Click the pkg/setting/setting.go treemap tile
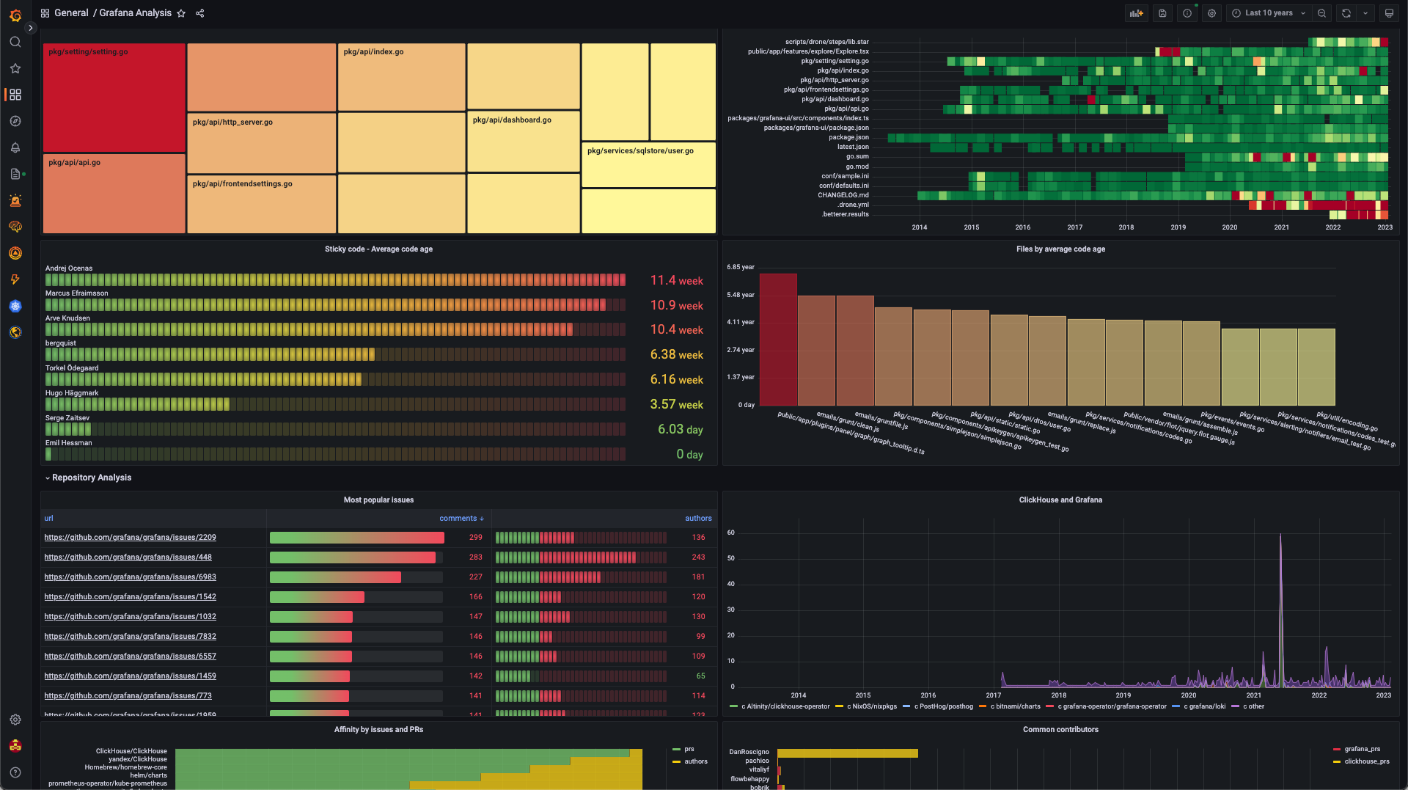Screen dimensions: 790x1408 pyautogui.click(x=114, y=98)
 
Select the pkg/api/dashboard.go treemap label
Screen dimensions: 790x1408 pyautogui.click(x=512, y=120)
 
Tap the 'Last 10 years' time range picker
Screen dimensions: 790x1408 pyautogui.click(x=1269, y=13)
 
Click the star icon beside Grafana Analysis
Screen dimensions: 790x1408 pyautogui.click(x=181, y=13)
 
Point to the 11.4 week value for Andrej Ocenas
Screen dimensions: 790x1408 pyautogui.click(x=676, y=281)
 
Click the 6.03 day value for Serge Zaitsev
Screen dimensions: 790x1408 pyautogui.click(x=680, y=430)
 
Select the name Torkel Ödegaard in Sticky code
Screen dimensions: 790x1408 pyautogui.click(x=72, y=368)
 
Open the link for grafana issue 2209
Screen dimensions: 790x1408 pyautogui.click(x=130, y=538)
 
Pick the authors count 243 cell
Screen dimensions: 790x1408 pyautogui.click(x=698, y=557)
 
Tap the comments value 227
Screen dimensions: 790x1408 pyautogui.click(x=475, y=577)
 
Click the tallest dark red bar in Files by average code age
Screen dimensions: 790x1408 pyautogui.click(x=778, y=339)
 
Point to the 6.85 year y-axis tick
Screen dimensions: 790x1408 pyautogui.click(x=740, y=267)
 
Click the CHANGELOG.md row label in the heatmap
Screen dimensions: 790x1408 pyautogui.click(x=843, y=195)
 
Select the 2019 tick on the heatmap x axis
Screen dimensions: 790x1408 pyautogui.click(x=1178, y=227)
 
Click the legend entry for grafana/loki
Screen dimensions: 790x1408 pyautogui.click(x=1203, y=707)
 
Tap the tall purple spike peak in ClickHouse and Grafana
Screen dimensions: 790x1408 pyautogui.click(x=1280, y=536)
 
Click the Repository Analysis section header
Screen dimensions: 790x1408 pyautogui.click(x=92, y=478)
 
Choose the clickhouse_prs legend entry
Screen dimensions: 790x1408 pyautogui.click(x=1366, y=761)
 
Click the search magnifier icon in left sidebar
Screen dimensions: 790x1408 pyautogui.click(x=15, y=42)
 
